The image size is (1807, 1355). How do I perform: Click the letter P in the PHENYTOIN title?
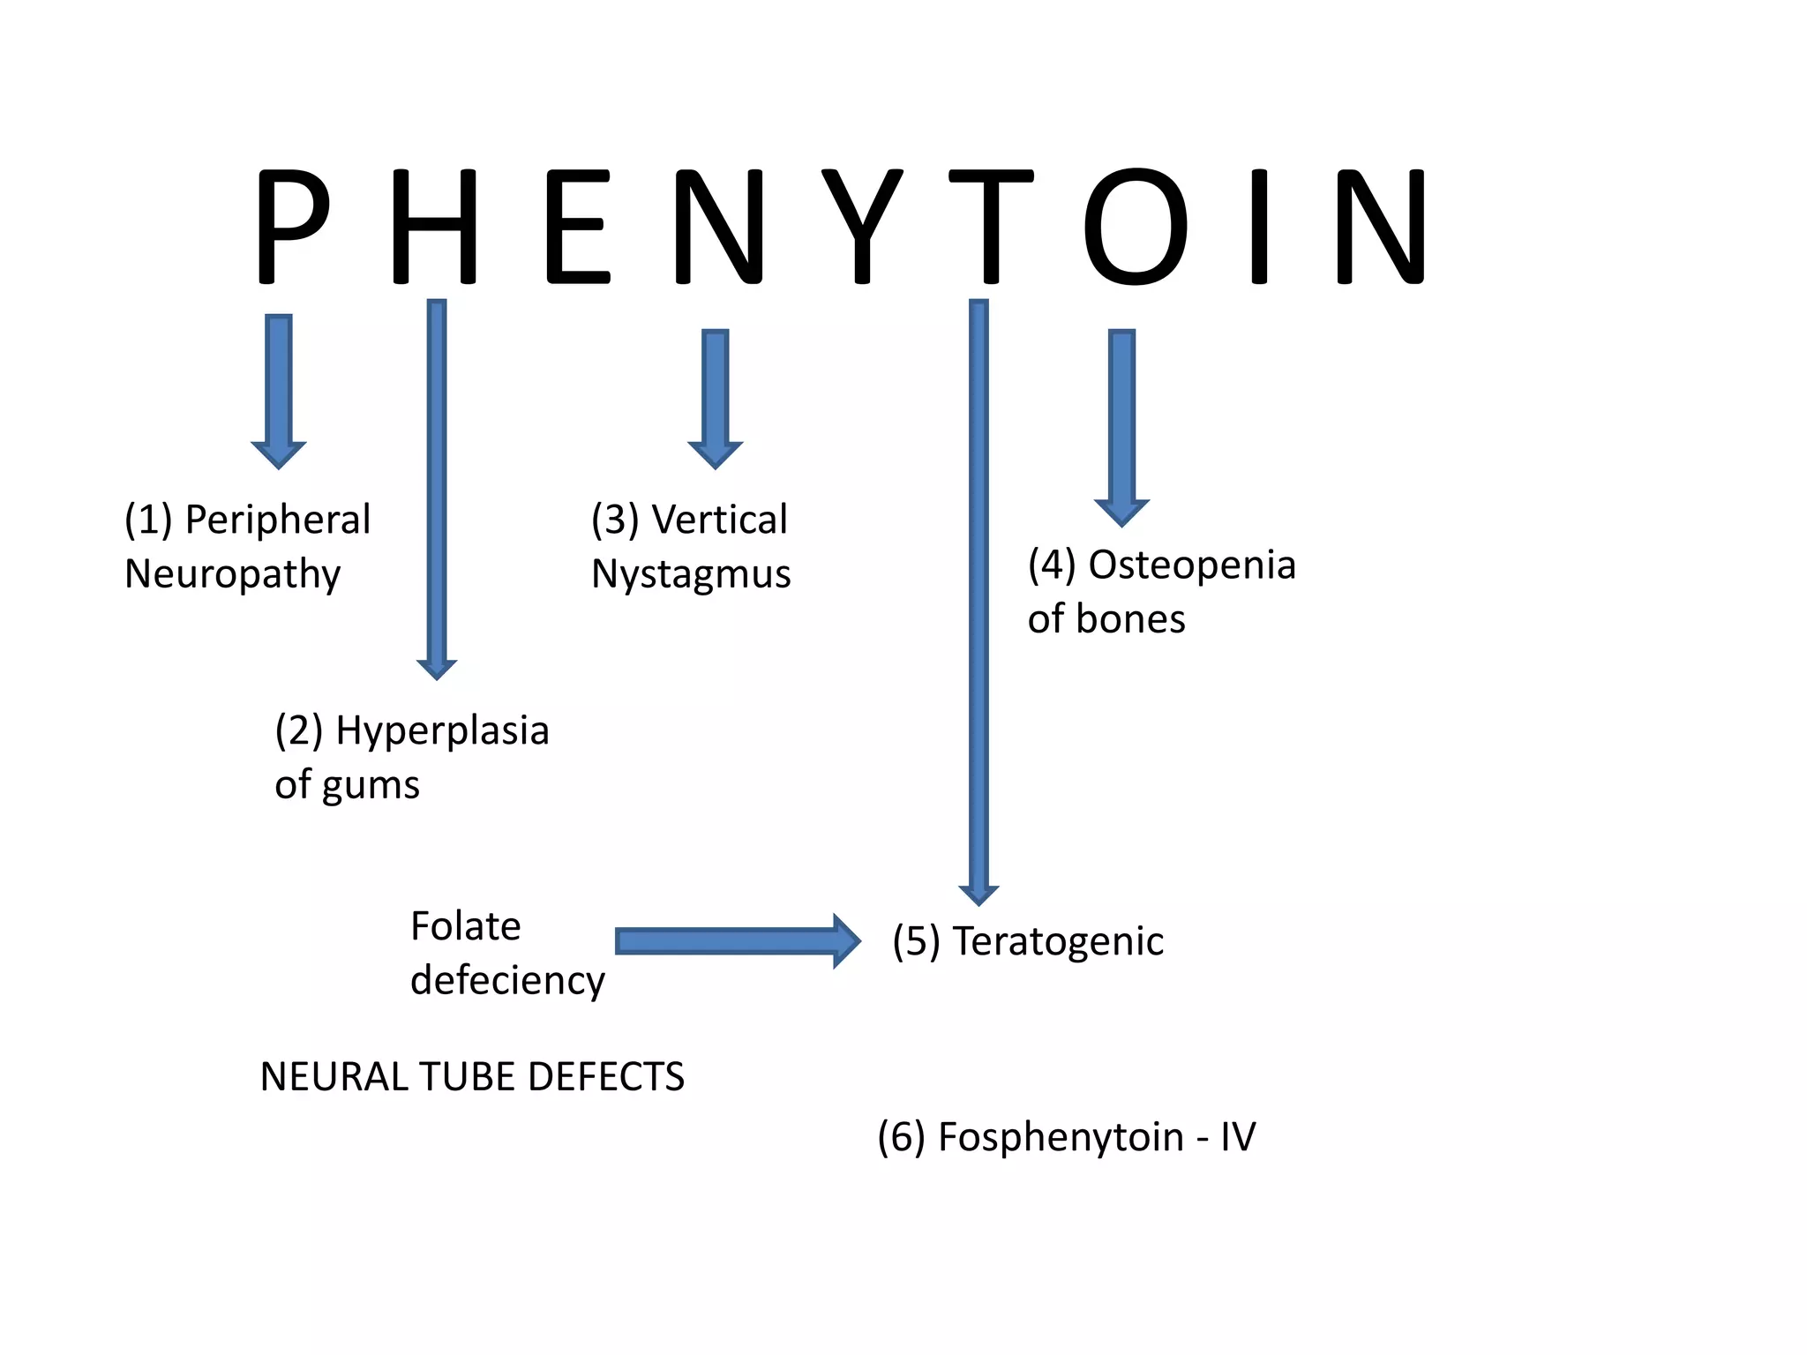pos(291,227)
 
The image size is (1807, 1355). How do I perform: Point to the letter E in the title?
pos(578,227)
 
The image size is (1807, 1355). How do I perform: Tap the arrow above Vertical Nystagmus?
pos(716,398)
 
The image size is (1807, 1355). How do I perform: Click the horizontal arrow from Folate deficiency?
pos(737,941)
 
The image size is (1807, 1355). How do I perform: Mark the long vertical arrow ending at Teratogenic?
pos(978,600)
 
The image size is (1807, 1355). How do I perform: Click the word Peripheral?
pos(277,520)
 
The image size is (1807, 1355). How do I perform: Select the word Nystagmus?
pos(691,574)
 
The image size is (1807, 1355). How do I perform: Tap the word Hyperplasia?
pos(442,731)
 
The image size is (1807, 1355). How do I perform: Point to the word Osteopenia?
pos(1191,565)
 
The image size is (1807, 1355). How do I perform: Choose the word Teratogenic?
pos(1058,942)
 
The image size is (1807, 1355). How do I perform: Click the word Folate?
pos(466,926)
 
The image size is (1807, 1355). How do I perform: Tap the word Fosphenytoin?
pos(1061,1137)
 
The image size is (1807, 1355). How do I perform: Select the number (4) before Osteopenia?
pos(1052,565)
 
